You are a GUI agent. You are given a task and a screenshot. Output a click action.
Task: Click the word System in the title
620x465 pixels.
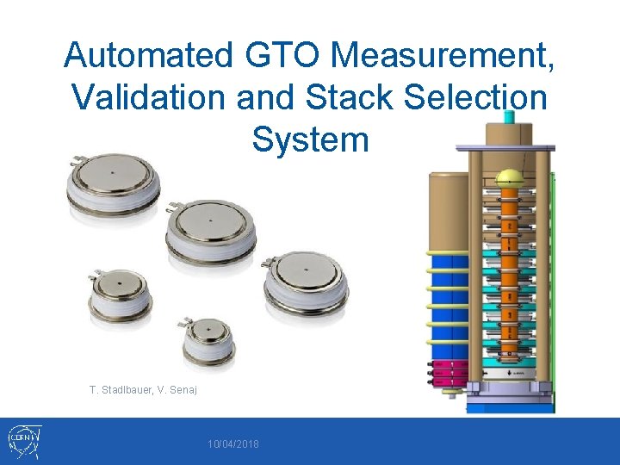point(310,139)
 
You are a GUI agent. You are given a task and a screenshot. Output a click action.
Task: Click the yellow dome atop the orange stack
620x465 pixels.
point(510,177)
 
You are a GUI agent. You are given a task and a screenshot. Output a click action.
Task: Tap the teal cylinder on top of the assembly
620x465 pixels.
point(509,117)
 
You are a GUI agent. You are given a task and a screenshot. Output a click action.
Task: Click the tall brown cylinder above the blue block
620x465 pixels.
point(449,211)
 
